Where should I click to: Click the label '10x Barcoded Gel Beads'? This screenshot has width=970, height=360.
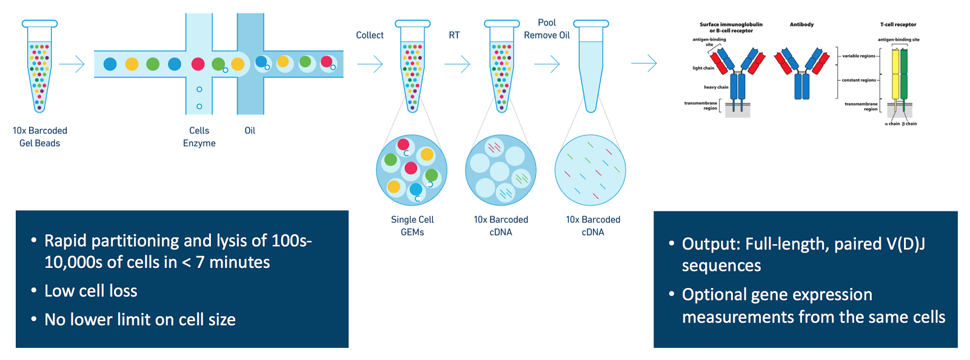click(40, 137)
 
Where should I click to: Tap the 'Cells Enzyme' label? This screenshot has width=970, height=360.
click(199, 137)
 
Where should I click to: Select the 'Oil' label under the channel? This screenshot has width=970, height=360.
click(250, 131)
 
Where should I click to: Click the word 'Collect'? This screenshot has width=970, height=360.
click(370, 35)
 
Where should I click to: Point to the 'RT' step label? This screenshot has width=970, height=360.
click(454, 35)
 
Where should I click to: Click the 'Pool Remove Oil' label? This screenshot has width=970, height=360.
click(547, 29)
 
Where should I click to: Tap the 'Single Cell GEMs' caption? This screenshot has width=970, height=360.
click(412, 225)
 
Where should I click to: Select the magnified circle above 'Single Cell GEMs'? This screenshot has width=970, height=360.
click(412, 170)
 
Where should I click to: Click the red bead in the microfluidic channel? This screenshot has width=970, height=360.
click(198, 64)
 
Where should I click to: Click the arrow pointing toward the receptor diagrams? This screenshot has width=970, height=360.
click(644, 63)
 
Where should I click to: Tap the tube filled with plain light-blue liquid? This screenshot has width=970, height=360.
click(590, 67)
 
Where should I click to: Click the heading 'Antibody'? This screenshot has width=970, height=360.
click(801, 25)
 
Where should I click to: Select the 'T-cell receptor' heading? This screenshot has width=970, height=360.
click(898, 25)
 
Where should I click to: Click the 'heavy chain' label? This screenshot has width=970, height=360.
click(716, 87)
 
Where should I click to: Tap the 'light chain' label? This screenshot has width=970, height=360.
click(703, 68)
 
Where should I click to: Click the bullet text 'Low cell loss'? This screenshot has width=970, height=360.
click(91, 291)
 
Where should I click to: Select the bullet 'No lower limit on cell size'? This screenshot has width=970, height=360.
click(140, 319)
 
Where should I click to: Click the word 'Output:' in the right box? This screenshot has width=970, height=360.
click(711, 244)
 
